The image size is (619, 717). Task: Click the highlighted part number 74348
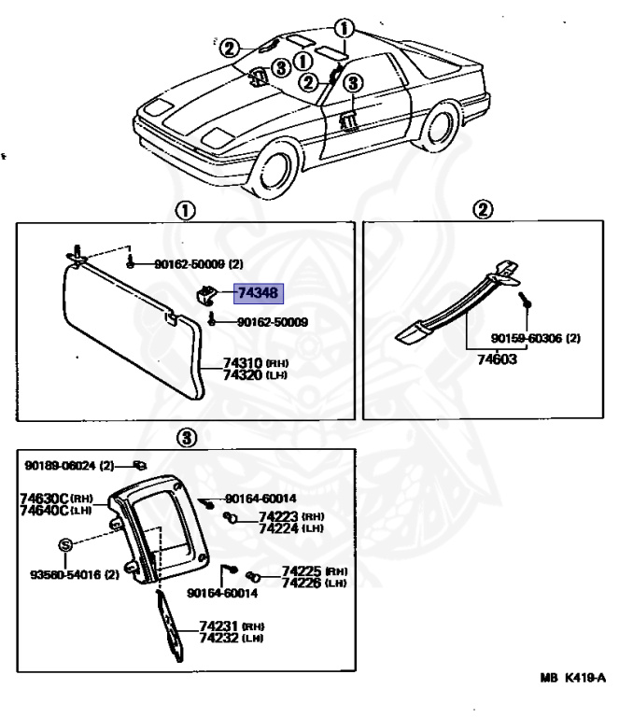(258, 293)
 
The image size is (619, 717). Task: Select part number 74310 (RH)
(243, 362)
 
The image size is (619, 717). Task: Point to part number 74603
(493, 358)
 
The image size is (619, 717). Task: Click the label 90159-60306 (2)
(535, 338)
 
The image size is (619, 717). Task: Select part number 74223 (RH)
(277, 515)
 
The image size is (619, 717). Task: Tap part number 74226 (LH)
(277, 583)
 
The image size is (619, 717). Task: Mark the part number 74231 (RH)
(218, 627)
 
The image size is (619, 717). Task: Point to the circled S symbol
(66, 543)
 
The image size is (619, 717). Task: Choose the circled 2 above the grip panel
(484, 210)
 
